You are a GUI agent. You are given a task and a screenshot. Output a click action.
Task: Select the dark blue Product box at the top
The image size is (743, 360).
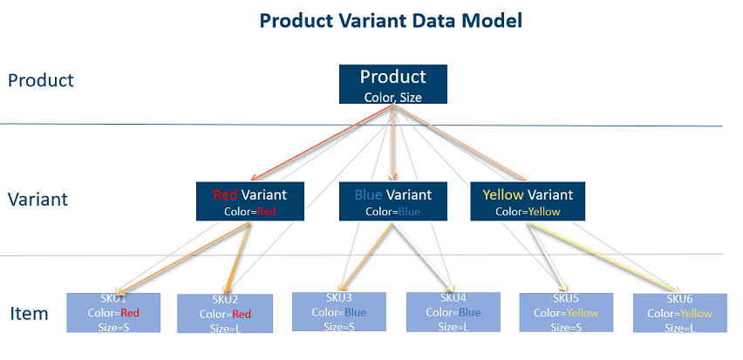pos(392,85)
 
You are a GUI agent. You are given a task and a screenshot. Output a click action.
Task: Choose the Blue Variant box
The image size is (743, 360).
pos(392,201)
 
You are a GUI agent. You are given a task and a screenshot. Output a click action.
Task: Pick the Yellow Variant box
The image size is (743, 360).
pos(528,201)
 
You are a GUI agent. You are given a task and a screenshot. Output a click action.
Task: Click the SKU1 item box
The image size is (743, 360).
pos(113,312)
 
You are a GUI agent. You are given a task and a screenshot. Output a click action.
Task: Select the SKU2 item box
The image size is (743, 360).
pos(224,314)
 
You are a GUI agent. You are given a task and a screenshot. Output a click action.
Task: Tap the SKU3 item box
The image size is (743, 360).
pos(338,312)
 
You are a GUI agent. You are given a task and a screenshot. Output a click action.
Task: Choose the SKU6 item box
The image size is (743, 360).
pos(678,313)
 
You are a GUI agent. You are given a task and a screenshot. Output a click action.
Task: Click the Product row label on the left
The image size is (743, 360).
pos(41,81)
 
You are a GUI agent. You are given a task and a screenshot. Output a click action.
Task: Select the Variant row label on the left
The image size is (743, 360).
pos(37,200)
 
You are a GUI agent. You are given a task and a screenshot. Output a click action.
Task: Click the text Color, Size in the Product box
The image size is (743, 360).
pos(392,98)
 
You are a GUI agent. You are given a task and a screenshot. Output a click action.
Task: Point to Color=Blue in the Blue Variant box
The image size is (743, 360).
pos(392,211)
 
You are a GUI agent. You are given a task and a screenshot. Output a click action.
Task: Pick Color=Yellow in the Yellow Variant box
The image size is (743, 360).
pos(528,211)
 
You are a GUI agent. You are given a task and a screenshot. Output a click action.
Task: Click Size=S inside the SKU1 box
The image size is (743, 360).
pos(113,326)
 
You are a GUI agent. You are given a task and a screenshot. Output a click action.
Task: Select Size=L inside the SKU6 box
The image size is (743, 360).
pos(678,328)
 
